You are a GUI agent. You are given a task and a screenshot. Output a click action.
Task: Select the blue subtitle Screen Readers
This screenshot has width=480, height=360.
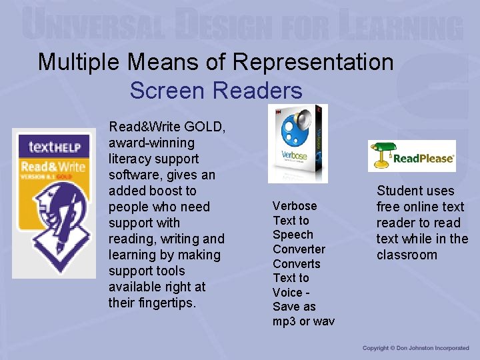pos(216,90)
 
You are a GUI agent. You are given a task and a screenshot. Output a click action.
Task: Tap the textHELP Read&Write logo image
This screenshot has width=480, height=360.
pos(54,203)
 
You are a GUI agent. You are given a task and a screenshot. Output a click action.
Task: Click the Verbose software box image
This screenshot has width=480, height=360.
pos(298,143)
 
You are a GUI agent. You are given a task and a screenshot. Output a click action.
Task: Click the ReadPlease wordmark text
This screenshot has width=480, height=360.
pos(423,159)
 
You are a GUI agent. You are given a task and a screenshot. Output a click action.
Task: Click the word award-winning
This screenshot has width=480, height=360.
pos(151,143)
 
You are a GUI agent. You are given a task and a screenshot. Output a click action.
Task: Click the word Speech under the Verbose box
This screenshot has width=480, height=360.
pos(293,235)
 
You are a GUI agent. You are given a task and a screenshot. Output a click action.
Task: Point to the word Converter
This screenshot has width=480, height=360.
pos(299,249)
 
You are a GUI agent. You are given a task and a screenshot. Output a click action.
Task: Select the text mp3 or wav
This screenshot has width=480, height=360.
pos(303,321)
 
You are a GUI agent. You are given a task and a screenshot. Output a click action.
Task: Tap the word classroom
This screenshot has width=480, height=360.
pos(407,255)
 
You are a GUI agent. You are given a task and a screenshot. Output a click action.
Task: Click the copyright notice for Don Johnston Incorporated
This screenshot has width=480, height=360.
pos(415,348)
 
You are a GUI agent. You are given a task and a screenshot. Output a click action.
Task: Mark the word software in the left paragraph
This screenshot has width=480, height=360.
pos(133,175)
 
